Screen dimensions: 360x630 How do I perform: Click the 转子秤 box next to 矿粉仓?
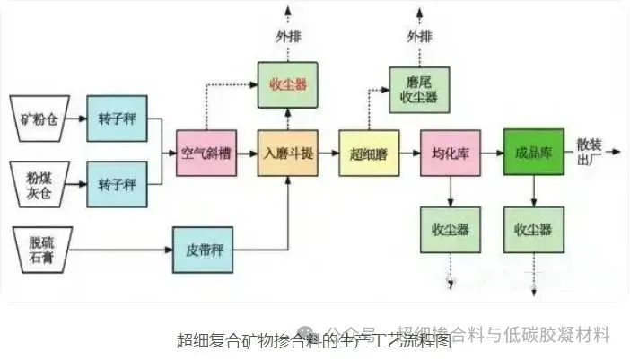pos(117,118)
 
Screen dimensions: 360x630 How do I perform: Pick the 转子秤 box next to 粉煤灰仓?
pos(117,183)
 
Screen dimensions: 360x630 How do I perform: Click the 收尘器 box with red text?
pos(287,85)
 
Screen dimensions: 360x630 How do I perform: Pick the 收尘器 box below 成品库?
pos(533,229)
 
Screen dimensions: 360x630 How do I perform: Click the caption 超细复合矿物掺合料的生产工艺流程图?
pos(313,340)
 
